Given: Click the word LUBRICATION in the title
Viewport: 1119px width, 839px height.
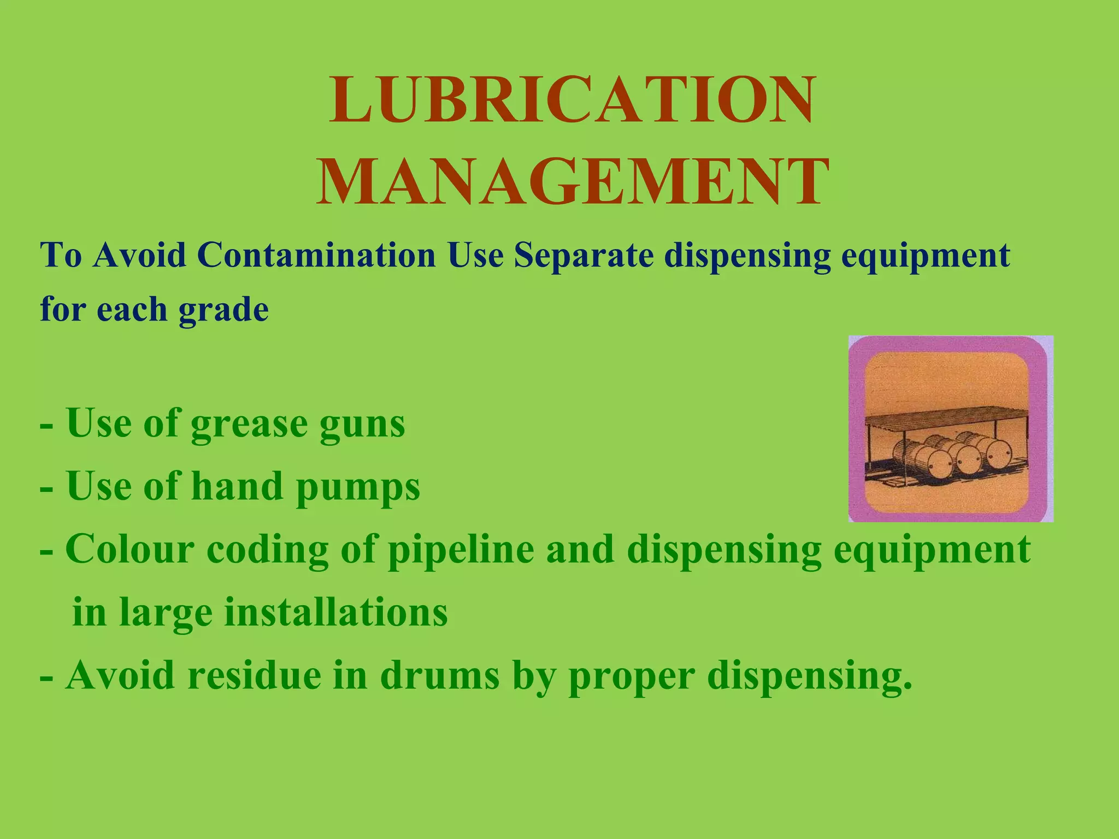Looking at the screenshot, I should tap(572, 100).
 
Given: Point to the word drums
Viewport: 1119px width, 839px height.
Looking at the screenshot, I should tap(440, 676).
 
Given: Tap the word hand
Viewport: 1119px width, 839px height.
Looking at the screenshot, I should tap(237, 486).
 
